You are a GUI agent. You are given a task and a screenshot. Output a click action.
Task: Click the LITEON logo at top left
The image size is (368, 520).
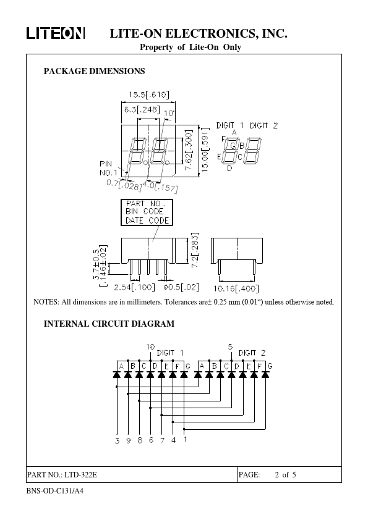56,33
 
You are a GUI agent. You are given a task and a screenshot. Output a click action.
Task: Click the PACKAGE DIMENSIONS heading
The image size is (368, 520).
95,71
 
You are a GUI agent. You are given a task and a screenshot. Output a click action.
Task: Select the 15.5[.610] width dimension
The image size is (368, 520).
149,94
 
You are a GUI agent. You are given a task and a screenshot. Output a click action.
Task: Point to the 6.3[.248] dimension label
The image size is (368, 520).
142,109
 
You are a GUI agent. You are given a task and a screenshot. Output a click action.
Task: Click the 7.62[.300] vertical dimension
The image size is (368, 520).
189,150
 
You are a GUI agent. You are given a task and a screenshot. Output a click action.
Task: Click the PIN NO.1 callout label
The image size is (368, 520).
108,168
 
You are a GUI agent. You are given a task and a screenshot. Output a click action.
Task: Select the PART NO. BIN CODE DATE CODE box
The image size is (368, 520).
147,212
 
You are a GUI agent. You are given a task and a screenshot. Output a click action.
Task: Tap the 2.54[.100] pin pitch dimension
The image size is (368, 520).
134,287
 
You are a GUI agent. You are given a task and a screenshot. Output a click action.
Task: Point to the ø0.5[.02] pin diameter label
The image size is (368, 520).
181,287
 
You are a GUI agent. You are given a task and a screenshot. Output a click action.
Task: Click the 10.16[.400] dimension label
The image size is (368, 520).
236,288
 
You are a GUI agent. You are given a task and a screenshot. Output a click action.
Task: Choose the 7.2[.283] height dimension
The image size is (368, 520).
195,250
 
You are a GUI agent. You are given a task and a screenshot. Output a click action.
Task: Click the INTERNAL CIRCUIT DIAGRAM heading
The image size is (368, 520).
109,324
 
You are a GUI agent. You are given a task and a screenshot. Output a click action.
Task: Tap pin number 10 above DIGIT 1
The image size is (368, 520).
150,347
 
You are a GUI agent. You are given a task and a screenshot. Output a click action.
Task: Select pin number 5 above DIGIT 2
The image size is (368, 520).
230,347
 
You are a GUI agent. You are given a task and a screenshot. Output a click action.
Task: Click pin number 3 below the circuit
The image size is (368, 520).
117,441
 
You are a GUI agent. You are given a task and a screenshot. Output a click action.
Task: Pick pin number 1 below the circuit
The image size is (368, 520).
186,439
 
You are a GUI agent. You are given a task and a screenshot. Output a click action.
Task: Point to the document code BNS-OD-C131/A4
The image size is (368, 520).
55,491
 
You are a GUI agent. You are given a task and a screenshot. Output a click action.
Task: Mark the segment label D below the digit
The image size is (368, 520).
229,169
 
